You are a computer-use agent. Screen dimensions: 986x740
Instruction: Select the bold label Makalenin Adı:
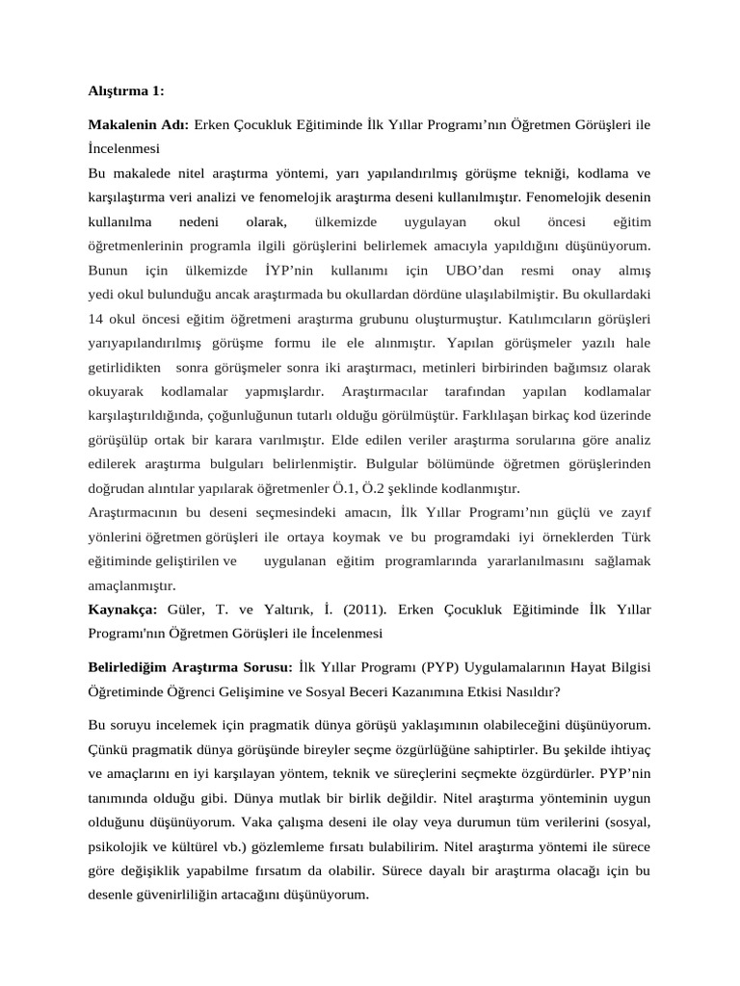(139, 125)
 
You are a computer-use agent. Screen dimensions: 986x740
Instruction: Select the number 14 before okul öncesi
(96, 318)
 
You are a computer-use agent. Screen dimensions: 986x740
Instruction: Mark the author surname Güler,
(190, 610)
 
